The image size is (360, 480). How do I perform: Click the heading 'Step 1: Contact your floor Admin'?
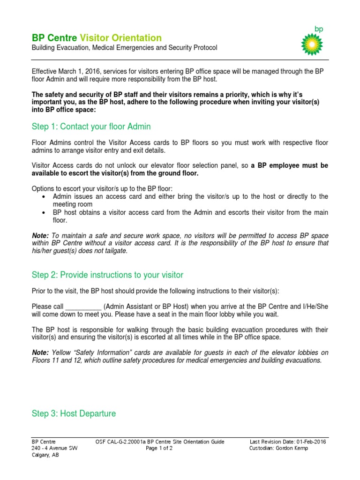[91, 127]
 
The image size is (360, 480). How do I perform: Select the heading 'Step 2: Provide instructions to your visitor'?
[107, 275]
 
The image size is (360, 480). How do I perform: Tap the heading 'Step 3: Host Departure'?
[74, 413]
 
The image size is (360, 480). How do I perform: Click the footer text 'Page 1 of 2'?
[159, 448]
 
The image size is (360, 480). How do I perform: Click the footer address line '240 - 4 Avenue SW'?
[54, 448]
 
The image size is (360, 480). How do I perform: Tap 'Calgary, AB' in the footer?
[46, 455]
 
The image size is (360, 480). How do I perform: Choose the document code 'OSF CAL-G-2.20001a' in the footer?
[123, 442]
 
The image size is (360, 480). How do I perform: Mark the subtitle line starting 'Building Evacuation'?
[124, 48]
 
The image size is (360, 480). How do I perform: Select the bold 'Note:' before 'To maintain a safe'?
[40, 235]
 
